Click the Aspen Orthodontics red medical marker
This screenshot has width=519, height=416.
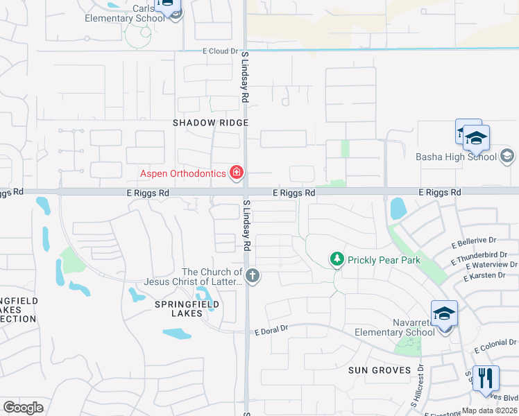237,173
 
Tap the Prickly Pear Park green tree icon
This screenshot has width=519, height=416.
337,259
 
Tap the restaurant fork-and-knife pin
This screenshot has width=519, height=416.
486,379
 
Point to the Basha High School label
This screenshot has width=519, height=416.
456,157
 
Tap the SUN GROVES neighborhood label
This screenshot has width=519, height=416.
380,370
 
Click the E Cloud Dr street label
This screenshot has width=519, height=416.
220,51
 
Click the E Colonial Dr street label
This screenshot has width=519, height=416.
497,344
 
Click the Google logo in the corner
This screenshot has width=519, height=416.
23,408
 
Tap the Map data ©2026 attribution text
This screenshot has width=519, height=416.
489,410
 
